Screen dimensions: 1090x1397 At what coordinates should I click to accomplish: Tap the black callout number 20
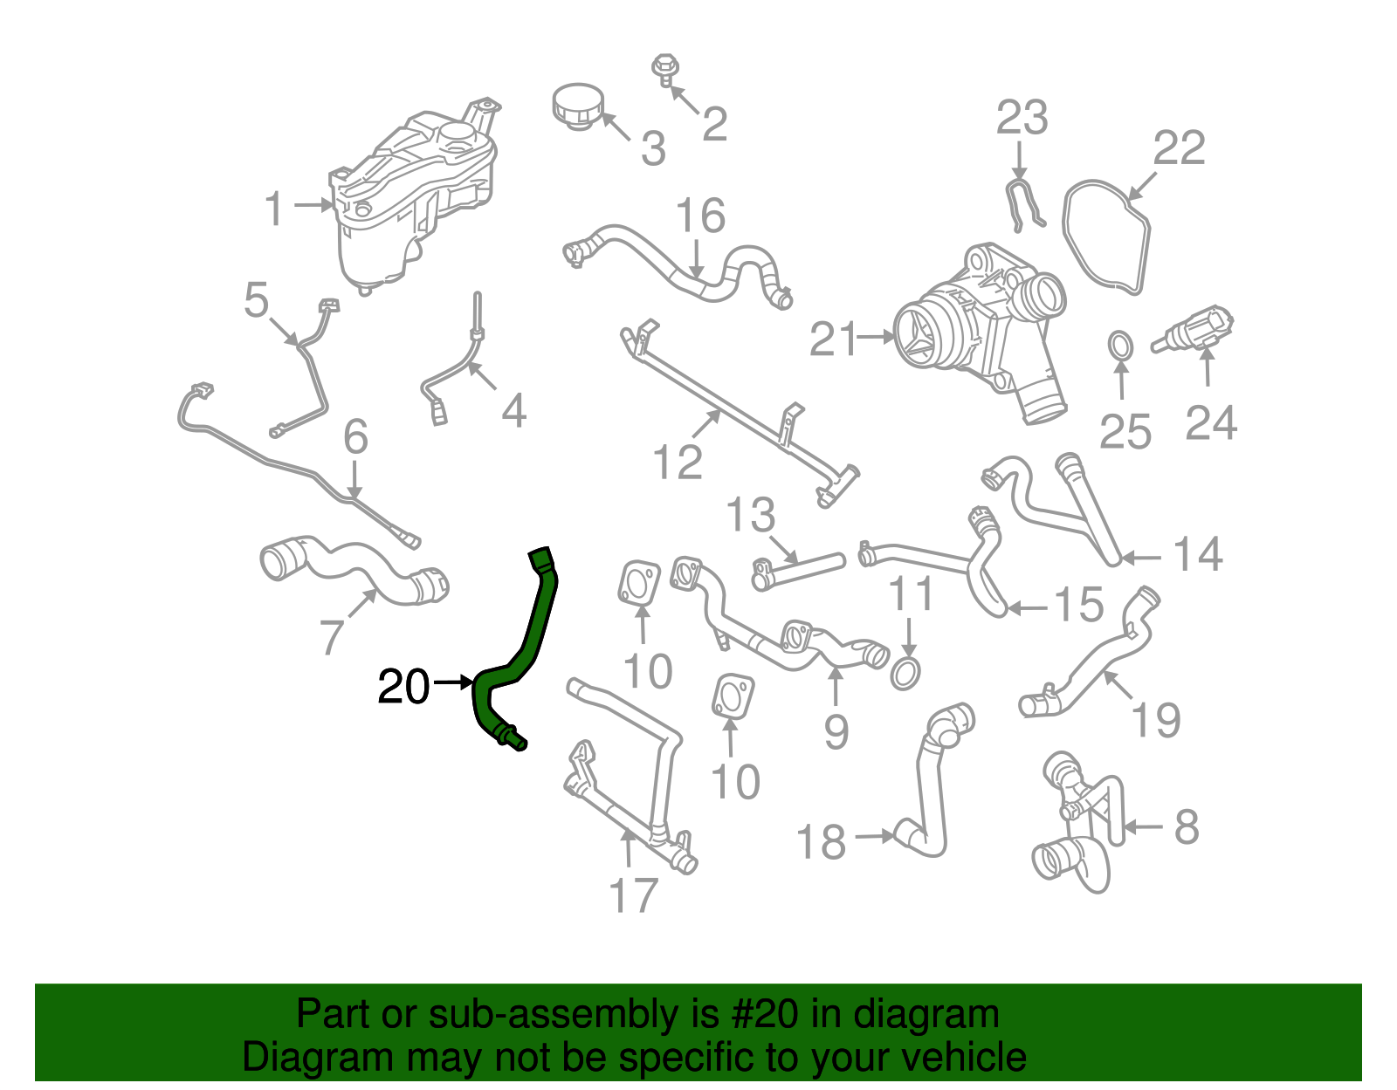[403, 688]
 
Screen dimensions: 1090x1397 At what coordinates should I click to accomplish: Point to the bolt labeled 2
[664, 70]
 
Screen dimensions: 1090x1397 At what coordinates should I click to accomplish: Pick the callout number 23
[1022, 118]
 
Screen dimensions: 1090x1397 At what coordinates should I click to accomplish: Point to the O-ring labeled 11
[905, 673]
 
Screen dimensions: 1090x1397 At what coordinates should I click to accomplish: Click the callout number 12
[678, 463]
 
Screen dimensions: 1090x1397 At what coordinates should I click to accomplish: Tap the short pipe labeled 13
[796, 571]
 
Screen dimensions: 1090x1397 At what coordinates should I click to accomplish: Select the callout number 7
[332, 637]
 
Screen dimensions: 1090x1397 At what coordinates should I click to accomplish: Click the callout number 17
[633, 895]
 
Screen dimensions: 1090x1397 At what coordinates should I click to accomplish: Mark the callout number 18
[822, 843]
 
